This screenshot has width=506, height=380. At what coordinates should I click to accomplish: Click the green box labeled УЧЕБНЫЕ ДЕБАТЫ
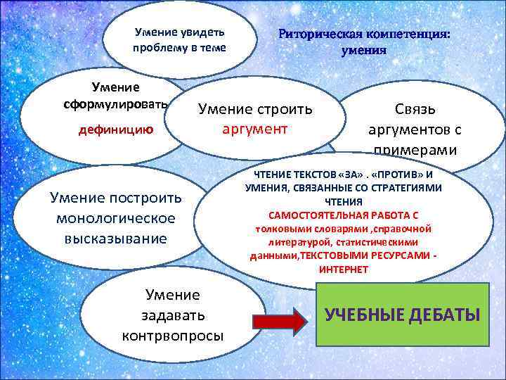402,314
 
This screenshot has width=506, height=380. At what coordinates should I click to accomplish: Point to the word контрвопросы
173,335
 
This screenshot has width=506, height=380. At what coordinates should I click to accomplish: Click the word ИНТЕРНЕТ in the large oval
343,270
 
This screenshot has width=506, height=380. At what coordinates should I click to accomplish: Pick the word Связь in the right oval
415,109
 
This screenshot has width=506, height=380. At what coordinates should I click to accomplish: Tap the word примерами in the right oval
415,150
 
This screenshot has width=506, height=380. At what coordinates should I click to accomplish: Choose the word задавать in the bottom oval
172,315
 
